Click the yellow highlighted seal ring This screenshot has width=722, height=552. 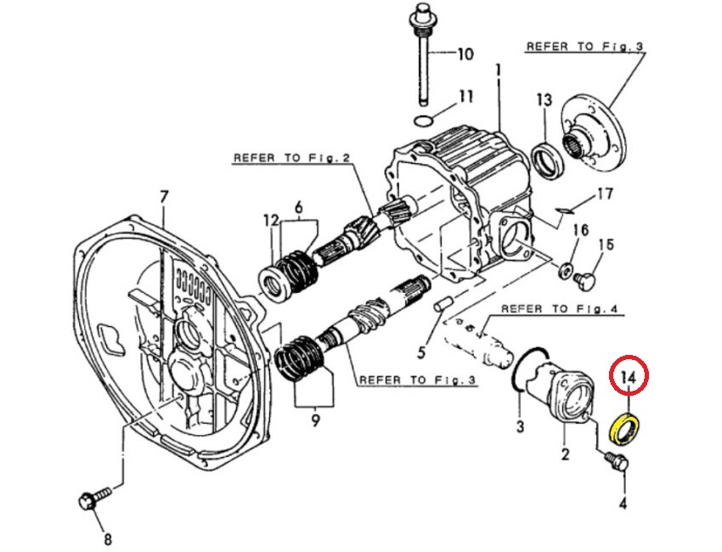(x=627, y=425)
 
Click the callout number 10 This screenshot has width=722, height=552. (x=465, y=56)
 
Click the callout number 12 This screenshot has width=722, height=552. (x=271, y=221)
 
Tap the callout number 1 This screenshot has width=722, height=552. (x=499, y=69)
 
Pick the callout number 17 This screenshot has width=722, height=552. (x=603, y=194)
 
